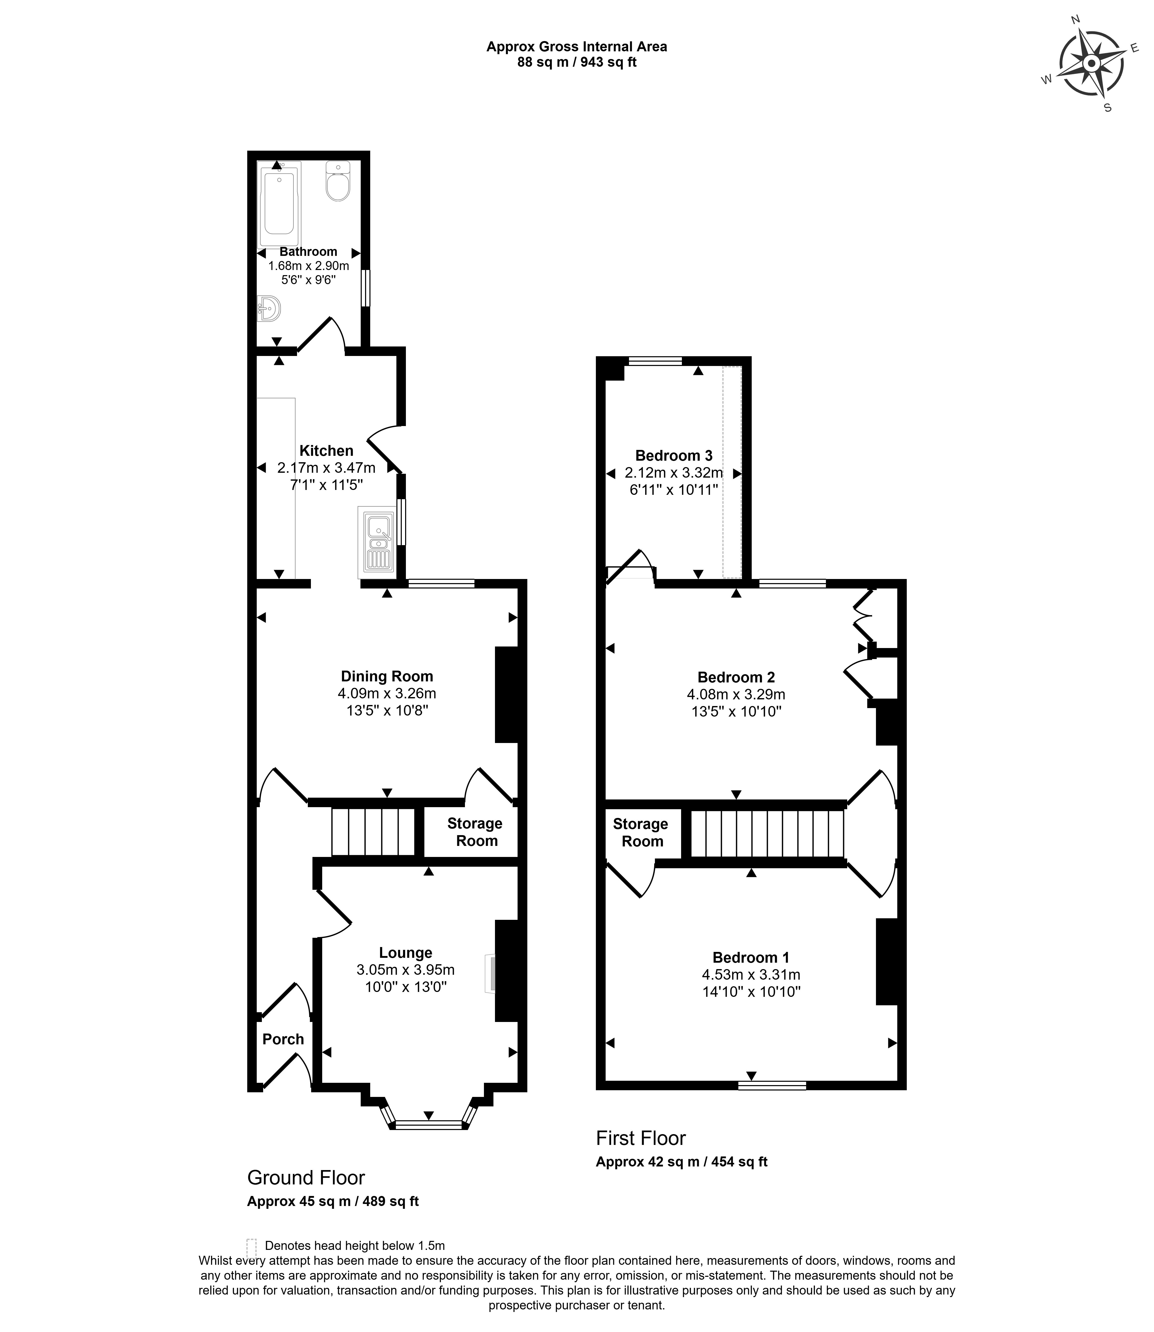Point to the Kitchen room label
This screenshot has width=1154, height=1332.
(327, 451)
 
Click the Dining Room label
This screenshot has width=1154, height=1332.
(387, 676)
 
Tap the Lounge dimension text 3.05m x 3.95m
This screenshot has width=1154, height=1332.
(406, 970)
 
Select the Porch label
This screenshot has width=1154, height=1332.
(283, 1039)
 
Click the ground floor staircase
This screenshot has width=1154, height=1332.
(374, 832)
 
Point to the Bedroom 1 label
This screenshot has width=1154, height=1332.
(751, 957)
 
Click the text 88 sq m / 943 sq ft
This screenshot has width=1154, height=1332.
(577, 62)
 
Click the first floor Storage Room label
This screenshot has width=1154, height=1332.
(641, 832)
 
